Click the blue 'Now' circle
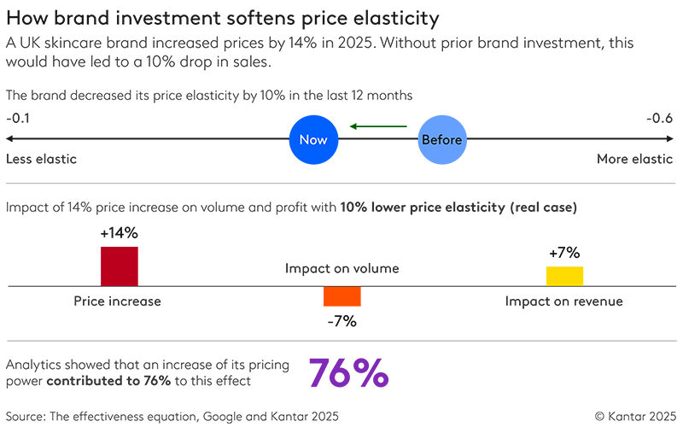(313, 140)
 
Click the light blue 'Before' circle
(442, 140)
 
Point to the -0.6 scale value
(659, 119)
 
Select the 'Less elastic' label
(41, 159)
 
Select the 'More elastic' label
(634, 159)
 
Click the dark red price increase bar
(119, 266)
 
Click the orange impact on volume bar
(341, 295)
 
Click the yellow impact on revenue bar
(564, 276)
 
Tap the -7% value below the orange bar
(341, 321)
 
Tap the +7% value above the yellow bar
(564, 252)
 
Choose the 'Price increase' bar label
(119, 301)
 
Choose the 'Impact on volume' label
(341, 269)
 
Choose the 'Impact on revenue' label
(564, 301)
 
